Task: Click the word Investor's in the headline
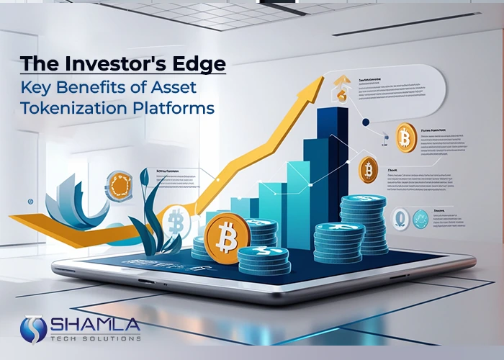pyautogui.click(x=107, y=63)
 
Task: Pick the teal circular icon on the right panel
pyautogui.click(x=420, y=218)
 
